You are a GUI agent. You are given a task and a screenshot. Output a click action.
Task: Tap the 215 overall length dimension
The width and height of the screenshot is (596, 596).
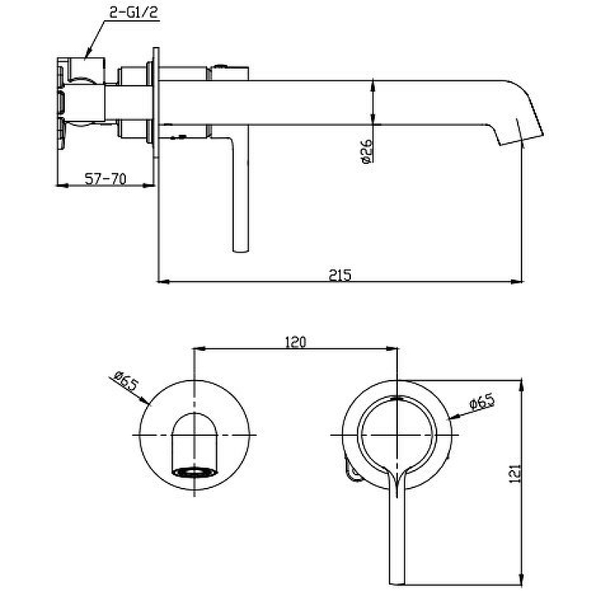tap(339, 274)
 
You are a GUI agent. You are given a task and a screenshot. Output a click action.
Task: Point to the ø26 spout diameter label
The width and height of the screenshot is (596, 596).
tap(365, 149)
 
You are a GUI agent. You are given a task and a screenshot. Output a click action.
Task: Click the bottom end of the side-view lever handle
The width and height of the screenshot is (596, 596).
tap(240, 249)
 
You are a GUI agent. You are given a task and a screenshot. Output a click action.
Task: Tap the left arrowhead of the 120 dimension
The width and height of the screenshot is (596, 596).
tap(198, 348)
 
